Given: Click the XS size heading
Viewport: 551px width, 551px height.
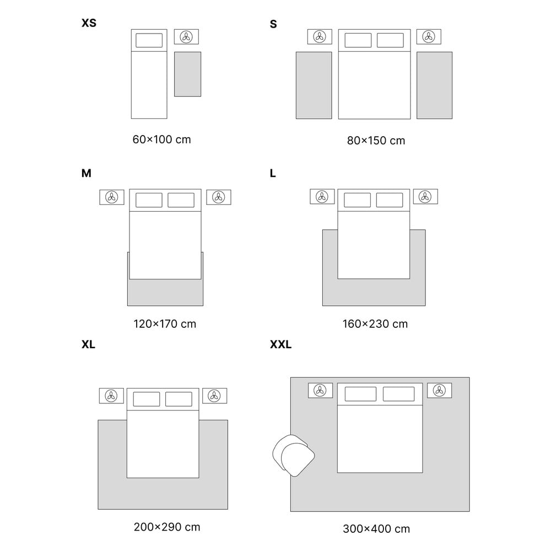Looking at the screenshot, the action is coord(89,23).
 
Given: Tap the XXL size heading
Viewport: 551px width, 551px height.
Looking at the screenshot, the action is coord(281,344).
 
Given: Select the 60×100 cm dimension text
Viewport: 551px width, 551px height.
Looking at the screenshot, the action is coord(161,139).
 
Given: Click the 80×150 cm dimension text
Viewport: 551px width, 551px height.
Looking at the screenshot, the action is coord(376,141).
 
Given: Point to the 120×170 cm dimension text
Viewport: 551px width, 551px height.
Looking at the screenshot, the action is coord(165,323).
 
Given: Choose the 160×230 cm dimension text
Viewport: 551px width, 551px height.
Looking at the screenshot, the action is coord(375,323).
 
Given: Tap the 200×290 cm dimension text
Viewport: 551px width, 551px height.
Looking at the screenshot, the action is coord(167,527).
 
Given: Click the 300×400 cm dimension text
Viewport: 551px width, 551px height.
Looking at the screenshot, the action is coord(376,528).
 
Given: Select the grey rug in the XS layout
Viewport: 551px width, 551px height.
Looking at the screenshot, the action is coord(188,74).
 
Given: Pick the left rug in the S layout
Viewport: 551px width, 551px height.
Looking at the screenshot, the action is coord(314,85).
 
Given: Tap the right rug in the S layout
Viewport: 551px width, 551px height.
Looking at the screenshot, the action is coord(434,85).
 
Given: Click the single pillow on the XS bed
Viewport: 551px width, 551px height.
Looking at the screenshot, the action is coord(149,40).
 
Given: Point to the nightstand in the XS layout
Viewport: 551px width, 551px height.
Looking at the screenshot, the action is coord(186,37).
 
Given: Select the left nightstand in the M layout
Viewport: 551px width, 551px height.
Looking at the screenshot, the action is coord(112,197).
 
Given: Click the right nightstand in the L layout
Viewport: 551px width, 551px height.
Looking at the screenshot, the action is coord(425,197).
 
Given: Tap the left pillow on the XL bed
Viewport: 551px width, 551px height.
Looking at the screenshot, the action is coord(147,399).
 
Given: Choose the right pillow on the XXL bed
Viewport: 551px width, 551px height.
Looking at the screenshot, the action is coord(398,394).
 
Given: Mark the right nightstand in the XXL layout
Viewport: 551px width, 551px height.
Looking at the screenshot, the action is coord(439,391).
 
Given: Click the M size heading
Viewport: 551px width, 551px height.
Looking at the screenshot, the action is coord(87,173).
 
